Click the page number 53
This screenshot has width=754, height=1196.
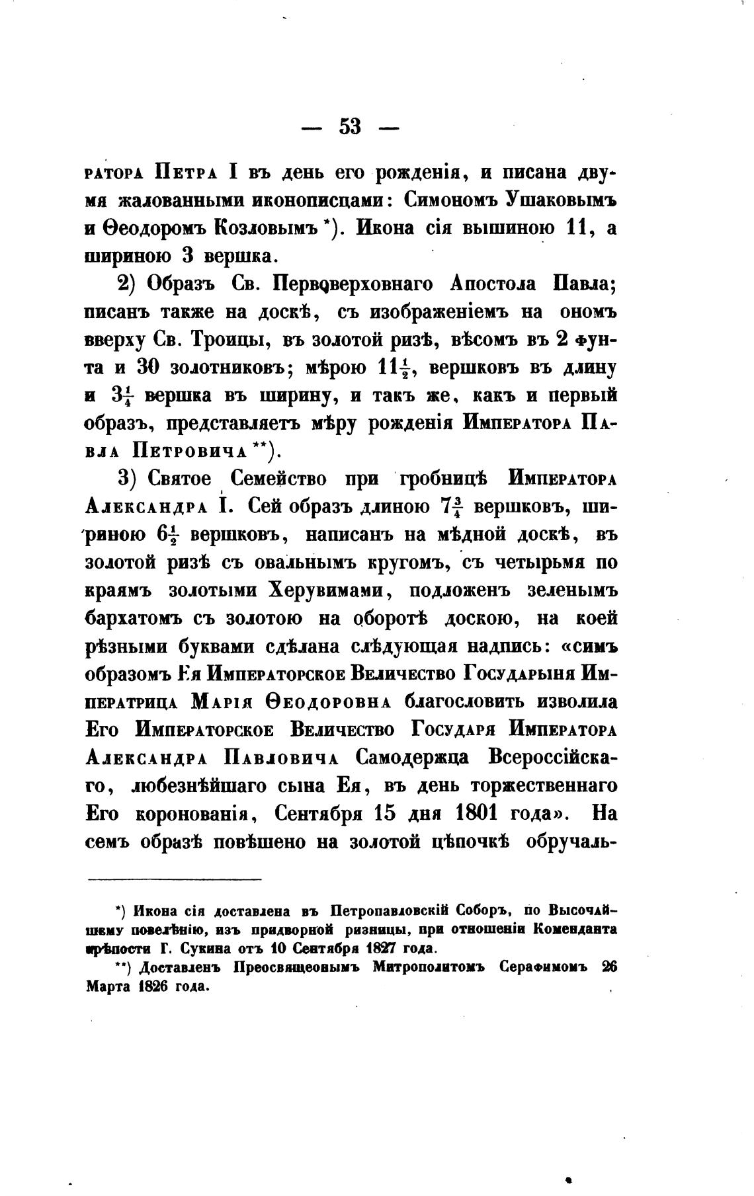[350, 126]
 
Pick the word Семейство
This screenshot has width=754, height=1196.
[285, 479]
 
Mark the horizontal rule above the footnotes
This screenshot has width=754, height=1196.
[175, 879]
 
